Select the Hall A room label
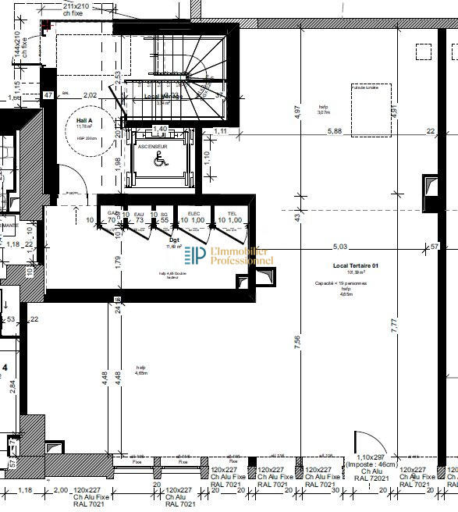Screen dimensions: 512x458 (x=85, y=122)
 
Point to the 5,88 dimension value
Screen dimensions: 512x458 (x=335, y=131)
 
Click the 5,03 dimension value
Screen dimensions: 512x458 (x=339, y=247)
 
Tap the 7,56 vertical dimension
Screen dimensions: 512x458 (x=297, y=343)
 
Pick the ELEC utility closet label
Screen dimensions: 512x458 (x=193, y=213)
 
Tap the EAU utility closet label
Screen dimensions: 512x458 (x=140, y=213)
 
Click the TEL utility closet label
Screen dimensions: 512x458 (x=232, y=213)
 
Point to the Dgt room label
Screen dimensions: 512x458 (x=174, y=240)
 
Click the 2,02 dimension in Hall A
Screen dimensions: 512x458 (x=90, y=95)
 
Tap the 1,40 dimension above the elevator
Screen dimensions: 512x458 (x=159, y=129)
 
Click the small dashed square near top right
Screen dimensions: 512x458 (x=424, y=52)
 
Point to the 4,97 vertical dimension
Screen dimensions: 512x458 (x=297, y=111)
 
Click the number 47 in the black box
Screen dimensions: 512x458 (x=48, y=95)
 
